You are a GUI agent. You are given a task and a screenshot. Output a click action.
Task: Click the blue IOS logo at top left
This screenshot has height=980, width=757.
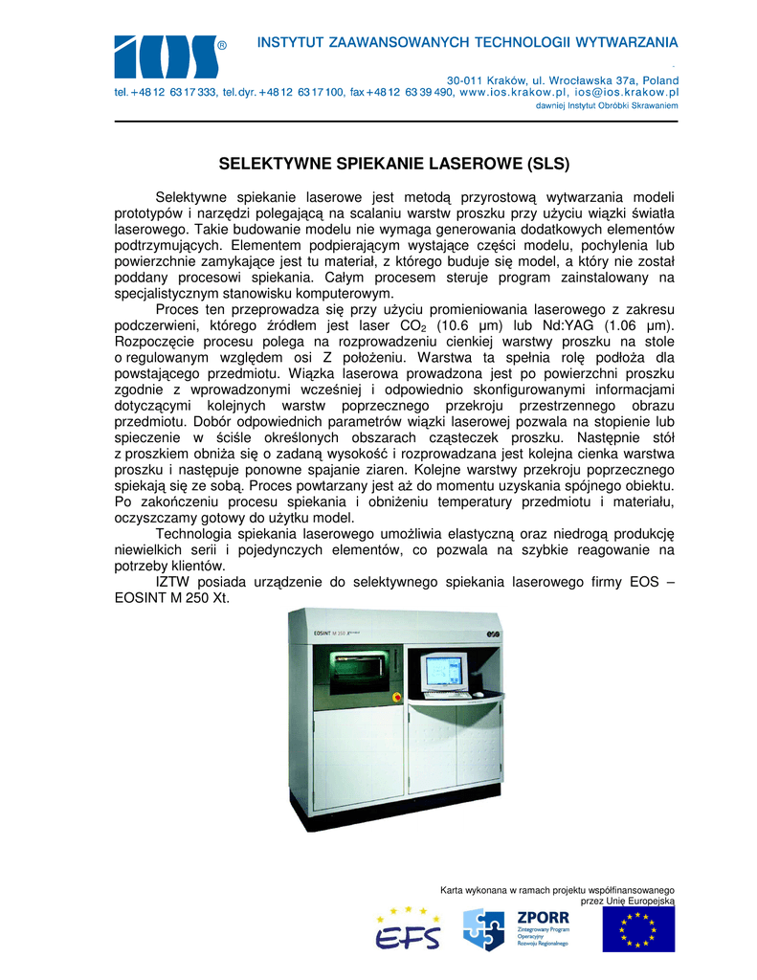165,56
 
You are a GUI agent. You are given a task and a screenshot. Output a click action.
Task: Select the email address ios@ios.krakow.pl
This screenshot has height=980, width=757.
627,93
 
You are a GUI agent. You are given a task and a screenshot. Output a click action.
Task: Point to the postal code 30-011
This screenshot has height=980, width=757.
467,80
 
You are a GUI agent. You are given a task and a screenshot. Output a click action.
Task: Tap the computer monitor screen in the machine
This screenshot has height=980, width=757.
445,670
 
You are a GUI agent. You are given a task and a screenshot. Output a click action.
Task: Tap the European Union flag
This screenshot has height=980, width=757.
637,928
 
